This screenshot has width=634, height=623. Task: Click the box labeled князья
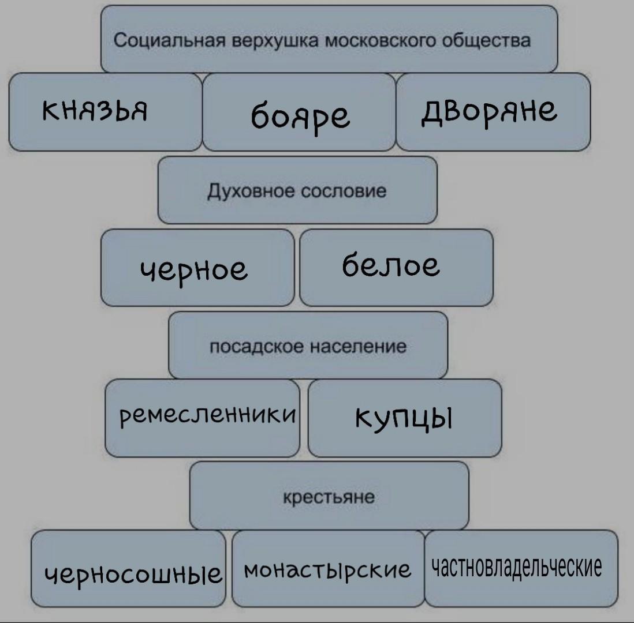(x=105, y=112)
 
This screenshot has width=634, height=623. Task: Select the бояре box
(x=299, y=112)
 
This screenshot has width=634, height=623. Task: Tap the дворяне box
(x=493, y=112)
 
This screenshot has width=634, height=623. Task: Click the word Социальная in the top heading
(x=169, y=40)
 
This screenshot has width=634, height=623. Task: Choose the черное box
(x=197, y=268)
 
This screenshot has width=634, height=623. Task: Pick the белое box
(x=397, y=268)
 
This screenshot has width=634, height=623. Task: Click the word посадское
(x=256, y=347)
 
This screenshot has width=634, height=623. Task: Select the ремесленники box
(x=202, y=418)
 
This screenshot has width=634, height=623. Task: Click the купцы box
(x=405, y=418)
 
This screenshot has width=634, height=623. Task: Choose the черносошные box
(x=128, y=568)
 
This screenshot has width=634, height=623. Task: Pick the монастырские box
(x=329, y=568)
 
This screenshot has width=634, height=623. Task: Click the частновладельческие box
(x=521, y=568)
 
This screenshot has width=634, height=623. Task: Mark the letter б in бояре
(x=260, y=115)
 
